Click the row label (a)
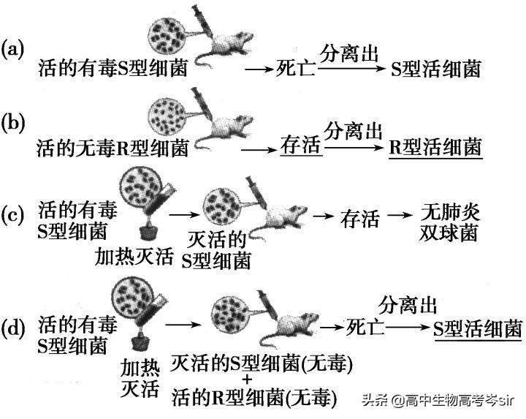coord(14,50)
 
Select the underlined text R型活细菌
coord(435,148)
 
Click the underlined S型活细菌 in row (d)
coord(476,327)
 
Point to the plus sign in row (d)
coord(246,380)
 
